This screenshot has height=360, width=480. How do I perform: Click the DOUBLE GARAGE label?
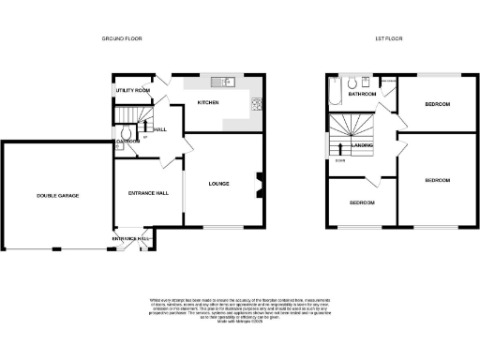57,195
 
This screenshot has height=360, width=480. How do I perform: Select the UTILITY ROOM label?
132,90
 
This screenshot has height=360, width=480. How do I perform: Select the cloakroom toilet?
122,148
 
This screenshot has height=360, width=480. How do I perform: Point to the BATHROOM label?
362,94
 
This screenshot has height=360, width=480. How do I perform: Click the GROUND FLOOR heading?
121,38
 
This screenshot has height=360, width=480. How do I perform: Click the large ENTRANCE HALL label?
147,193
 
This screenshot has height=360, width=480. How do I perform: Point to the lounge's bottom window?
224,227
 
